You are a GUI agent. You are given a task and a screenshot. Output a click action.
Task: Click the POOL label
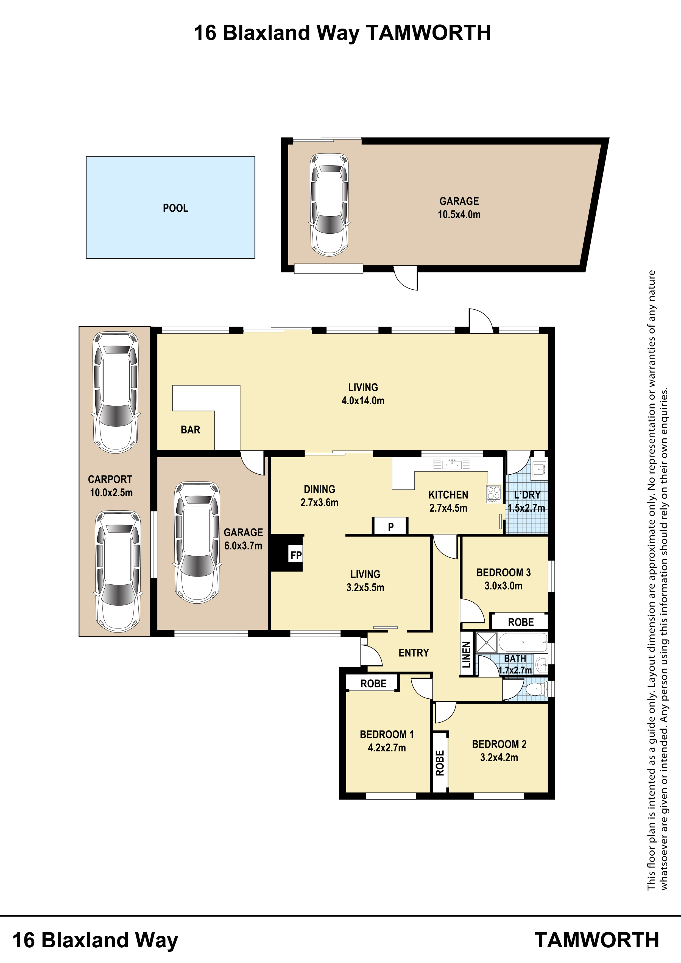[175, 208]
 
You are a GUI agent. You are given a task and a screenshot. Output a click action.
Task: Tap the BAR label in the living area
[191, 430]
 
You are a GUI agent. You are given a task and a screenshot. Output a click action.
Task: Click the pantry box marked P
[390, 526]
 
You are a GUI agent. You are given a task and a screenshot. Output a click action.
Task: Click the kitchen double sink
[452, 464]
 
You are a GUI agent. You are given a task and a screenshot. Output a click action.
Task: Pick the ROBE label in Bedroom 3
[521, 622]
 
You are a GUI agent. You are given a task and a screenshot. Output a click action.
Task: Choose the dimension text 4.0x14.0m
[363, 401]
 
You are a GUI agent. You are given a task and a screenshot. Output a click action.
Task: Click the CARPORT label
[110, 479]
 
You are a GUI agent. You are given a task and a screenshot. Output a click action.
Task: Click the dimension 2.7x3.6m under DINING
[319, 502]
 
